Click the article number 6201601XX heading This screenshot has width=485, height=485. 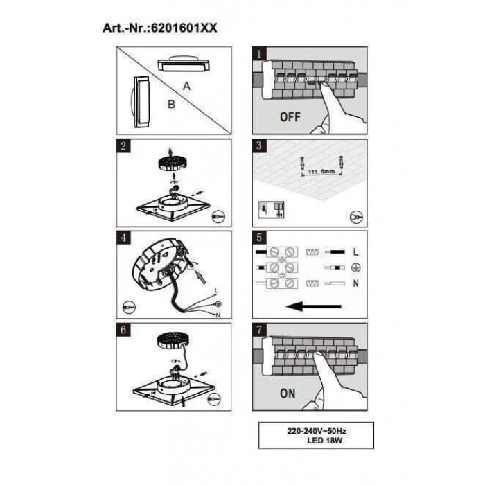(159, 28)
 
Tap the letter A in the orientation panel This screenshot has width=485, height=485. (186, 86)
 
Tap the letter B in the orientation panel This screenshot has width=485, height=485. (171, 104)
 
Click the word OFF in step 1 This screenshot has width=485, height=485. (290, 117)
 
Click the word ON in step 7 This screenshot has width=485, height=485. (288, 394)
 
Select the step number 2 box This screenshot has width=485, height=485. (123, 146)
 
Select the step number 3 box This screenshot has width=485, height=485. (259, 145)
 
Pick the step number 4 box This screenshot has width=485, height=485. (123, 238)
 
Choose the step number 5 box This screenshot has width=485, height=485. (259, 238)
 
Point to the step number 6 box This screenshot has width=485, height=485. (123, 330)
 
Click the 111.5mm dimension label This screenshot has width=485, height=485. (321, 171)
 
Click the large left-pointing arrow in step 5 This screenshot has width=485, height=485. (314, 306)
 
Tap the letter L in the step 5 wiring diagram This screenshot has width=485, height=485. (355, 252)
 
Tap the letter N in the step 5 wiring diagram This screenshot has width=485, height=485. (355, 283)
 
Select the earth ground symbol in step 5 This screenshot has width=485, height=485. (356, 267)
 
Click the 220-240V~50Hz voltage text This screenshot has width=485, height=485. (317, 431)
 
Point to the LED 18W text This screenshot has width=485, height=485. (324, 441)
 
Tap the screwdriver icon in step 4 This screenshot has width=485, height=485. (129, 307)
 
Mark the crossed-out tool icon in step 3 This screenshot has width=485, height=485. (356, 217)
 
